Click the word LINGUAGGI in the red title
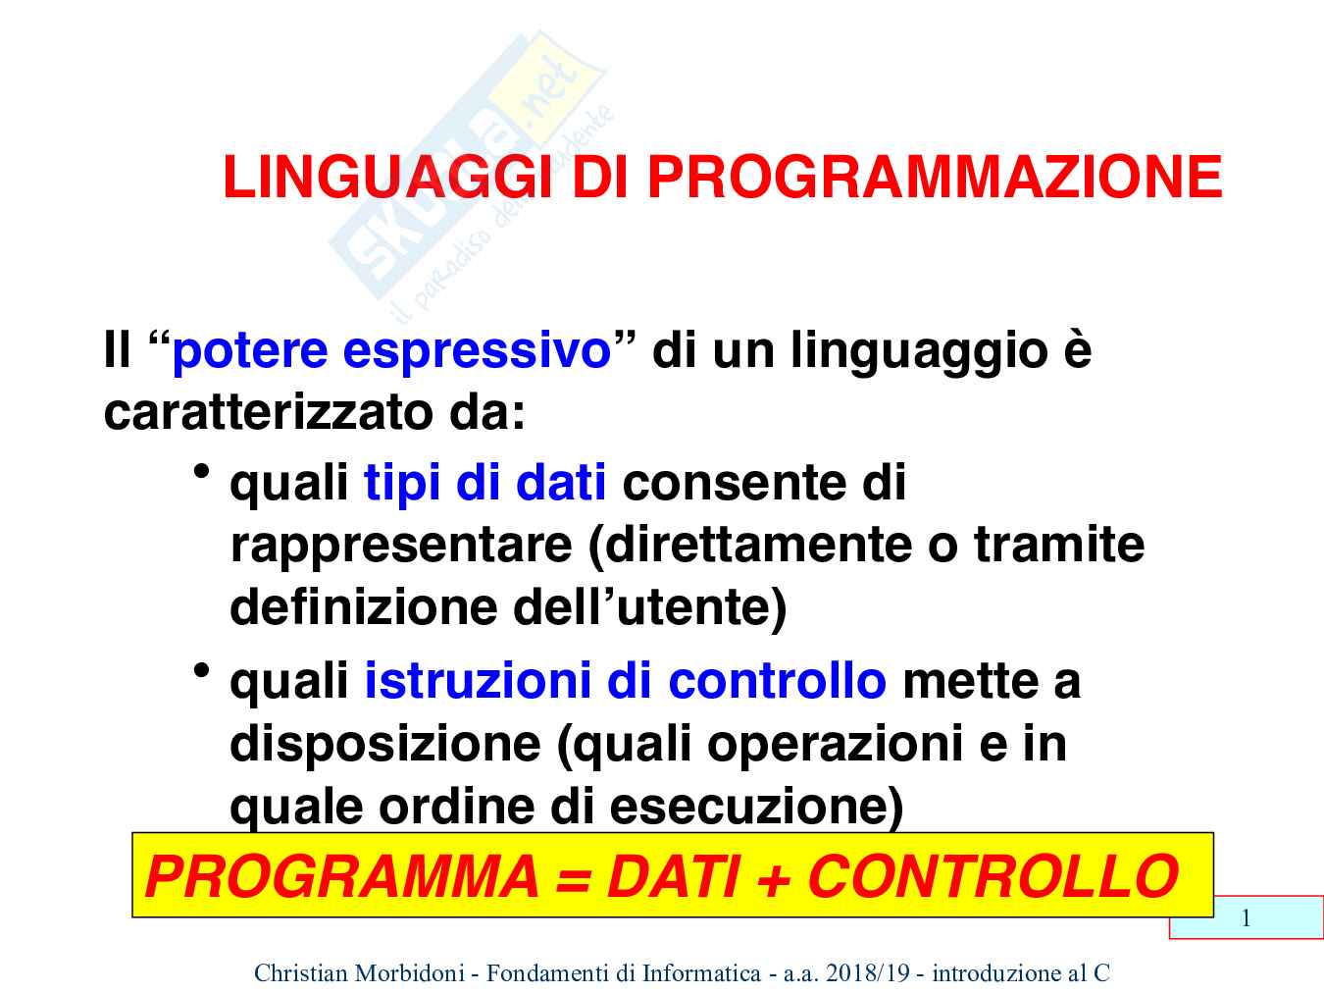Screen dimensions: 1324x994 pyautogui.click(x=387, y=177)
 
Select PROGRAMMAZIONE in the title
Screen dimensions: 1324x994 pyautogui.click(x=935, y=177)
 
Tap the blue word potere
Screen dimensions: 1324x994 pyautogui.click(x=250, y=352)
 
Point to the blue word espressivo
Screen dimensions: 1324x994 pyautogui.click(x=477, y=352)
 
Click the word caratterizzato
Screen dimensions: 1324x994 pyautogui.click(x=269, y=413)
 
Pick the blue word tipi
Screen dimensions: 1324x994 pyautogui.click(x=402, y=485)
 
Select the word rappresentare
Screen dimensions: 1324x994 pyautogui.click(x=401, y=548)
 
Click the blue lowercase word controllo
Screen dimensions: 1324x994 pyautogui.click(x=778, y=681)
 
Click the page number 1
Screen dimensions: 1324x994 pyautogui.click(x=1247, y=918)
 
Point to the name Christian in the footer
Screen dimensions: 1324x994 pyautogui.click(x=299, y=972)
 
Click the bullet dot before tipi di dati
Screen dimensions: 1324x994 pyautogui.click(x=201, y=471)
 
